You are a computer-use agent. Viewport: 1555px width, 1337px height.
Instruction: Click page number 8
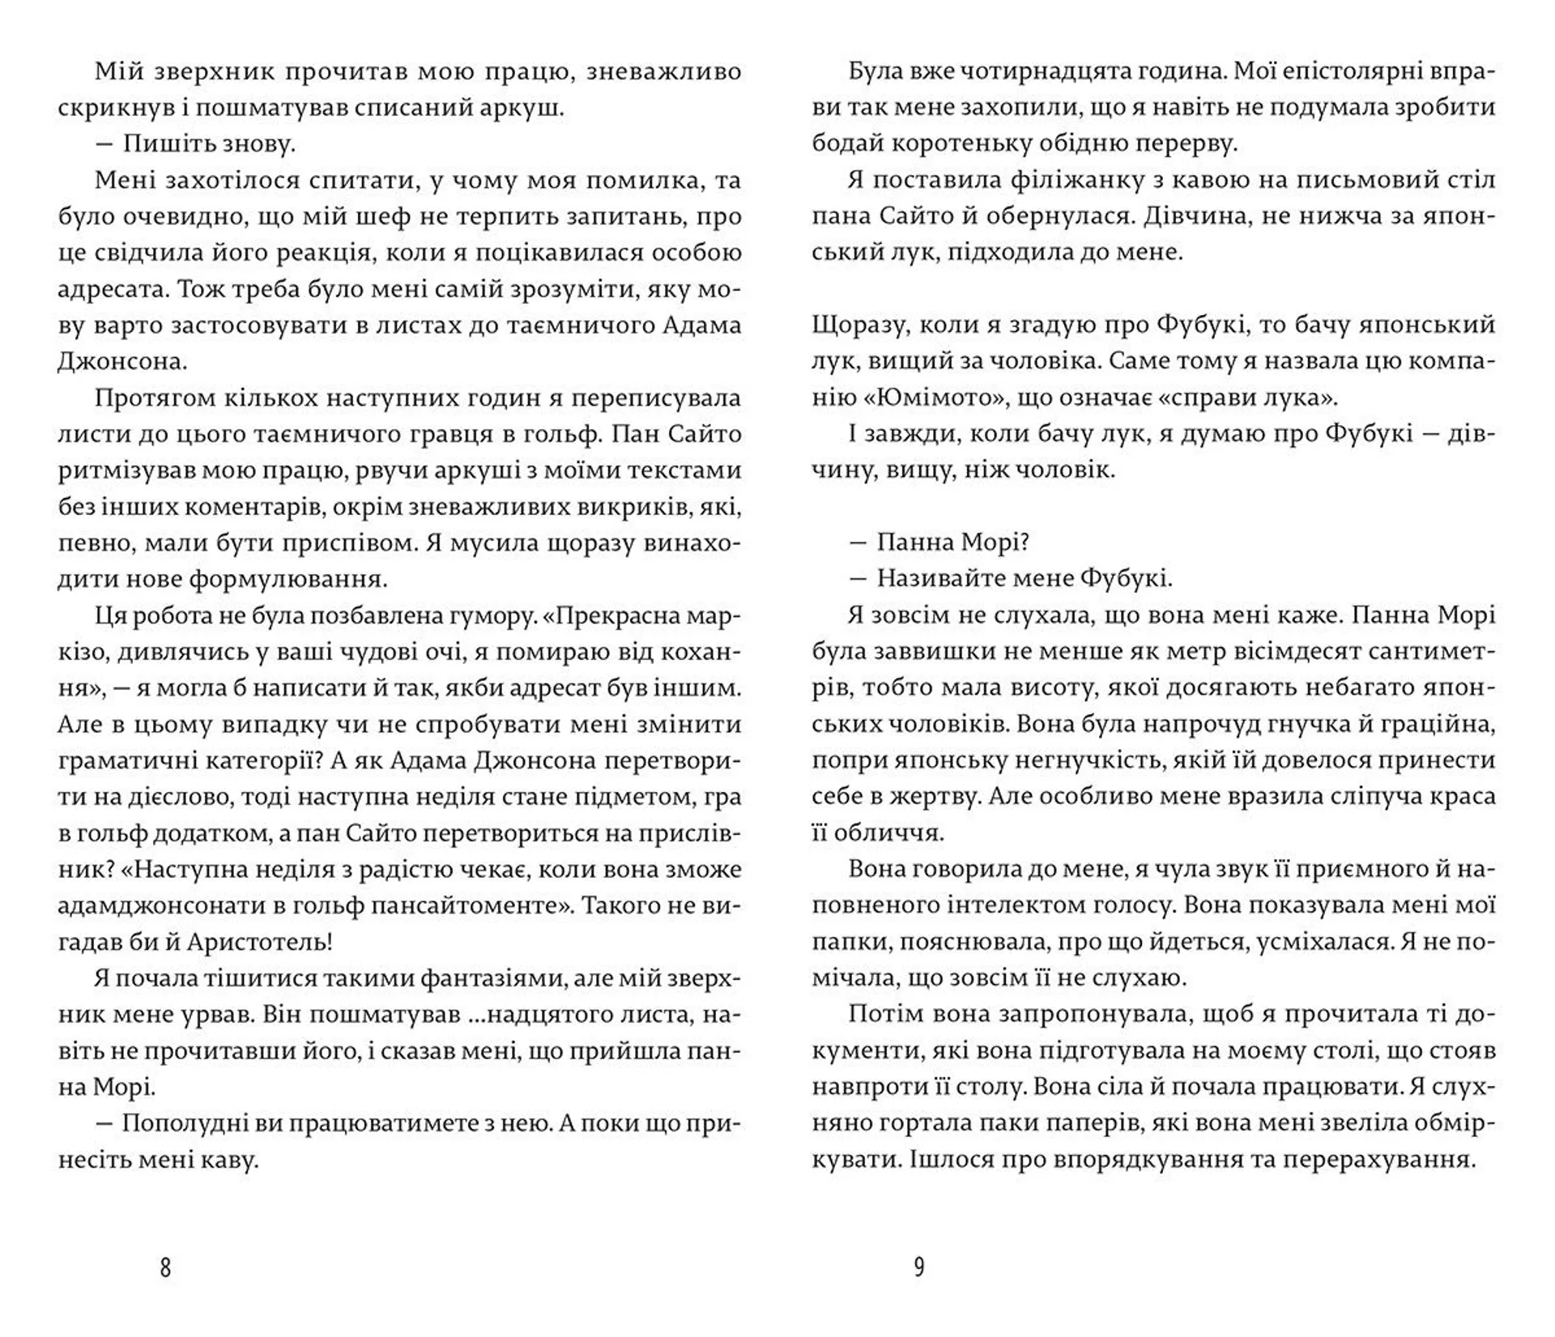[x=165, y=1267]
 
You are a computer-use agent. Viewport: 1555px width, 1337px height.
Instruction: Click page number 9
[x=918, y=1267]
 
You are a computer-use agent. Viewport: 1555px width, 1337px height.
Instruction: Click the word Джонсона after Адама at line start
[x=121, y=362]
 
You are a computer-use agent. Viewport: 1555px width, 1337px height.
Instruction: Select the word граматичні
[x=125, y=760]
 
